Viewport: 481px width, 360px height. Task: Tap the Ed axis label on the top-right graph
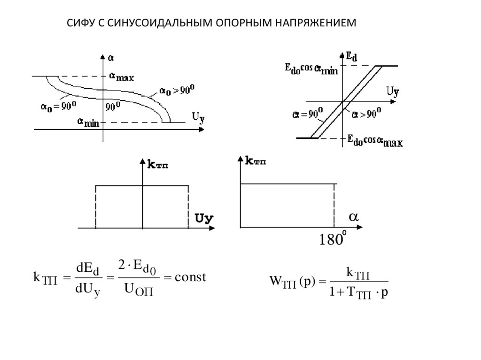click(x=351, y=56)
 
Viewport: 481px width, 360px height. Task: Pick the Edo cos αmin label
click(x=311, y=69)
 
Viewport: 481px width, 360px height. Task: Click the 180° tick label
click(x=333, y=239)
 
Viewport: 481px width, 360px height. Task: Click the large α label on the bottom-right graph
click(x=353, y=217)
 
